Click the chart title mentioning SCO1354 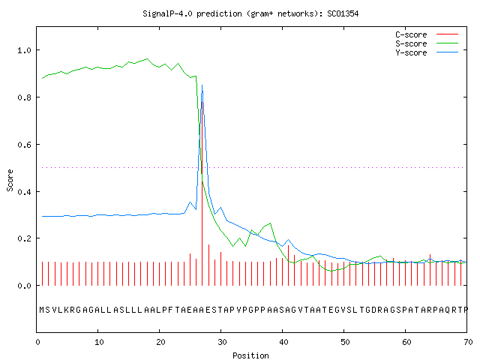250,14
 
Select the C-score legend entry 427,34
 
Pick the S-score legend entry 427,43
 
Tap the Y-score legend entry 427,52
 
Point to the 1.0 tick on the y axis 24,50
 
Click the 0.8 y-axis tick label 24,97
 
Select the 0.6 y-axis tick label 24,145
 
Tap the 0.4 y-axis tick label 24,192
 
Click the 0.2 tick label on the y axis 24,238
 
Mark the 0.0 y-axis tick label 24,286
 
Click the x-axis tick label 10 99,342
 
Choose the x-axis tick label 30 222,342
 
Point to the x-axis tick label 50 345,342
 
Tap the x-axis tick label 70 468,342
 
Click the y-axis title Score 10,180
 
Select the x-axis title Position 250,355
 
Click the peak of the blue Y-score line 202,85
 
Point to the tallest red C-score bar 202,193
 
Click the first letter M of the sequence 42,310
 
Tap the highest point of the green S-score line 147,58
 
